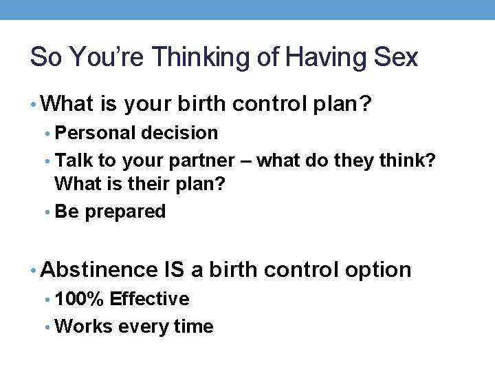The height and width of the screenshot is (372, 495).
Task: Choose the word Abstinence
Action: (100, 269)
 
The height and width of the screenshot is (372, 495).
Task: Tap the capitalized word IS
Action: (175, 269)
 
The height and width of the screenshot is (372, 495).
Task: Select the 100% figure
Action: (79, 299)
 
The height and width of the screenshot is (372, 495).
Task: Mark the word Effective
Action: (149, 299)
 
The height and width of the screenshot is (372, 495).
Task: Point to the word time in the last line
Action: (194, 326)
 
